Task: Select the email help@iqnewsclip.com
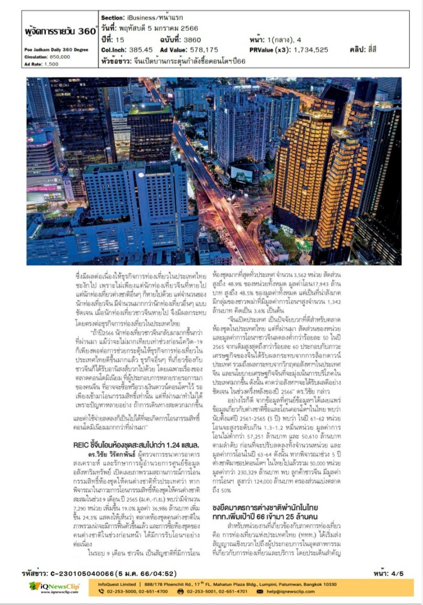pyautogui.click(x=290, y=591)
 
